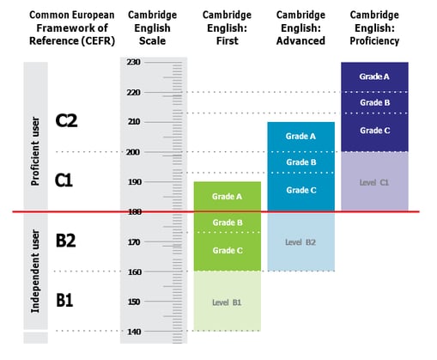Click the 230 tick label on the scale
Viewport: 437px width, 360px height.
(x=134, y=62)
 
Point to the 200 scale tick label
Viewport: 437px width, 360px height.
(x=133, y=152)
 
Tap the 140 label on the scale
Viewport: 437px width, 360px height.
(x=134, y=332)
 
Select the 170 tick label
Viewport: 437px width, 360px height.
(x=134, y=242)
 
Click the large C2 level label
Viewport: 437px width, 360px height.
(x=66, y=120)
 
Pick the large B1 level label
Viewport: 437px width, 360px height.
(x=64, y=301)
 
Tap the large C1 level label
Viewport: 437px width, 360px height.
(x=64, y=180)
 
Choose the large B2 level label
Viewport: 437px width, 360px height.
(x=65, y=241)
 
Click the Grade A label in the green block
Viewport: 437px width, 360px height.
(x=227, y=197)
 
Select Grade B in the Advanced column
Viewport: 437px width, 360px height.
(x=301, y=162)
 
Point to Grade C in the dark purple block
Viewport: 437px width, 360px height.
(x=375, y=131)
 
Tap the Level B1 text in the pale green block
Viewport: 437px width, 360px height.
(x=227, y=302)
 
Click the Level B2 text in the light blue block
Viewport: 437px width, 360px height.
(x=300, y=242)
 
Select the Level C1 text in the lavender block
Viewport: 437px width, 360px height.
(x=374, y=183)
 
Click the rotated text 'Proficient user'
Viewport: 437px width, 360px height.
(x=35, y=151)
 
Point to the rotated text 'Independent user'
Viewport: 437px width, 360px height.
(x=35, y=272)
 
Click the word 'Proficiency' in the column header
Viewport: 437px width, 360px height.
(x=374, y=41)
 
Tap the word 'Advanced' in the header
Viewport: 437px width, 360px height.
(x=300, y=41)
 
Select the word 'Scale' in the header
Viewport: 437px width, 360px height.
(x=152, y=41)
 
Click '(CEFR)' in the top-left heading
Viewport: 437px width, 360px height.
(x=98, y=41)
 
